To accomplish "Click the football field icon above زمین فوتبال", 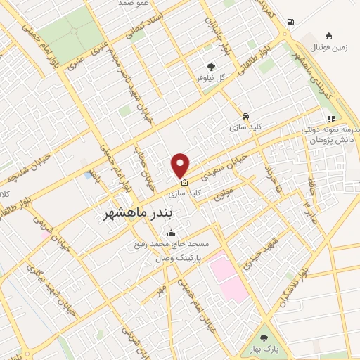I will tap(328, 37).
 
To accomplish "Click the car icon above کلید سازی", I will tap(245, 116).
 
